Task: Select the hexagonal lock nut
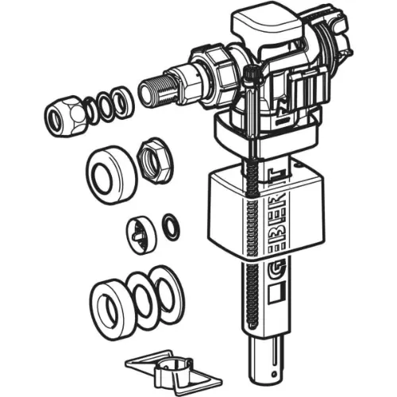click(155, 160)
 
